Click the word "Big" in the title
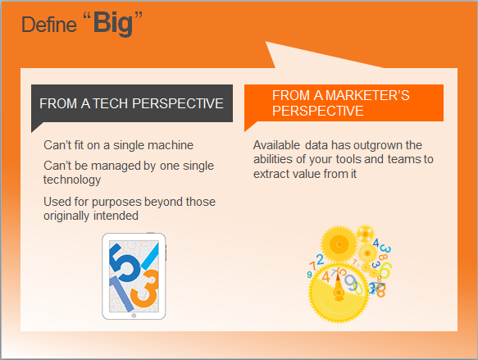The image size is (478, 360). pos(113,23)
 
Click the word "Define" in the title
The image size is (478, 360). pos(46,25)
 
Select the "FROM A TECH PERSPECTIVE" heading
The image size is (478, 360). pos(131,104)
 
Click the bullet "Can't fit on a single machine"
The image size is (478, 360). pos(118,145)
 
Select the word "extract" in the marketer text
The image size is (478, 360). pos(272,174)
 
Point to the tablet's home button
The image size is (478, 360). pos(134,315)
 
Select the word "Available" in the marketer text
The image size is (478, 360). pos(275,145)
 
